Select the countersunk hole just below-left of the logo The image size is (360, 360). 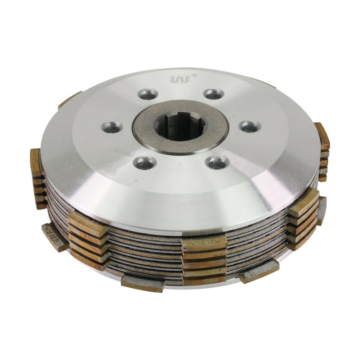[x=148, y=94]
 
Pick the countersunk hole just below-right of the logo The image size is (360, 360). [x=214, y=94]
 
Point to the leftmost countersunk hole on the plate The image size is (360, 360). [x=112, y=126]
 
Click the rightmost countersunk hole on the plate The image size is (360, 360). [x=249, y=126]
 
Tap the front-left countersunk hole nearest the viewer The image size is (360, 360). [x=144, y=163]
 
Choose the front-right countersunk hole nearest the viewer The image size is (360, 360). [x=217, y=162]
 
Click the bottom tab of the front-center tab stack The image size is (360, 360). [x=204, y=279]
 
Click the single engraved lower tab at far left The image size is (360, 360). [x=54, y=236]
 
